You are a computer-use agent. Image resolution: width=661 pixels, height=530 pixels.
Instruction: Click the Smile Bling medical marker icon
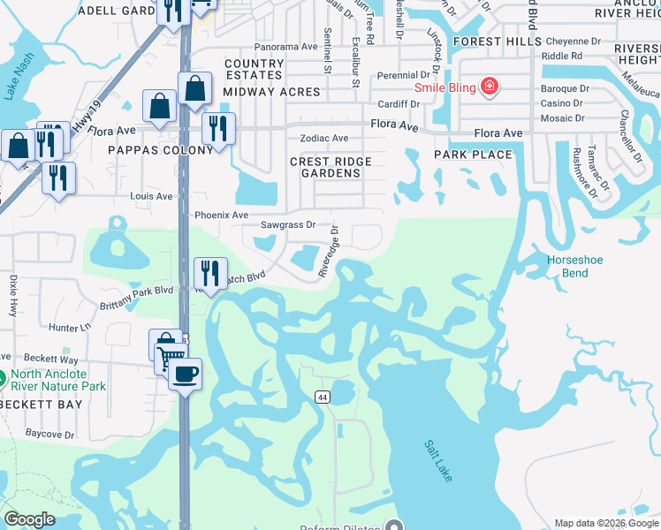(x=489, y=87)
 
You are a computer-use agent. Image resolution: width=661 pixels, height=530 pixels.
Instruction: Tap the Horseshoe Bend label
(x=575, y=266)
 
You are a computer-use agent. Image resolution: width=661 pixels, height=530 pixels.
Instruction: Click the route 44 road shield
(x=320, y=397)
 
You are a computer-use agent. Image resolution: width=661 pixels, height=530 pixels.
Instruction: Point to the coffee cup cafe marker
(x=185, y=375)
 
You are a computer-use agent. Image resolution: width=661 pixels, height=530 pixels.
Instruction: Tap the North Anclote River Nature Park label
(x=58, y=380)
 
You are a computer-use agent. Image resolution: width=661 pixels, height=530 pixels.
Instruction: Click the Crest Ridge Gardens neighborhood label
(x=331, y=167)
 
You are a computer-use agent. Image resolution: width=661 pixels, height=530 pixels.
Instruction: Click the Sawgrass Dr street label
(x=287, y=224)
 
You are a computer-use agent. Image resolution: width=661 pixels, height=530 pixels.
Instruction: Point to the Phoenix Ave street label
(x=222, y=215)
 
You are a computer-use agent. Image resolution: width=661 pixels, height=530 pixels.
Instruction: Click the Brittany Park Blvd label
(x=138, y=290)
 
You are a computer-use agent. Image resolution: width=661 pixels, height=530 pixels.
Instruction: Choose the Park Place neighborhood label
(x=473, y=155)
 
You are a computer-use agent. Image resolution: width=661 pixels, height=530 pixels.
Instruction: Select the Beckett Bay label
(x=42, y=404)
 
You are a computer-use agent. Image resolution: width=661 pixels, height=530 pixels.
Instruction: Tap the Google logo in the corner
(x=29, y=519)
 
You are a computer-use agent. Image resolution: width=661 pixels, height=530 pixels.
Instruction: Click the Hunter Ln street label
(x=71, y=327)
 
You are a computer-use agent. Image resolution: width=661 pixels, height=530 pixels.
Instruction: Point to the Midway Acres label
(x=257, y=92)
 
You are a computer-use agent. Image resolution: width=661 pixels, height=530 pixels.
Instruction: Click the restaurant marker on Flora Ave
(x=217, y=128)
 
